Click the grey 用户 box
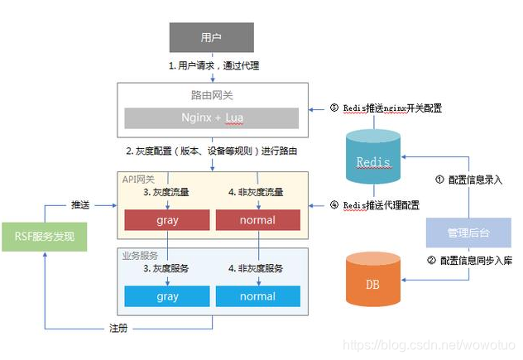(x=212, y=37)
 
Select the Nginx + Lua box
(x=212, y=118)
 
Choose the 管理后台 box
(x=468, y=233)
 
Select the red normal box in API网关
(x=257, y=220)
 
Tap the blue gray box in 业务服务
(x=166, y=295)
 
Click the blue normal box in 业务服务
(x=257, y=295)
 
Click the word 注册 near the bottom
(x=118, y=329)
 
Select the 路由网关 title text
(x=212, y=94)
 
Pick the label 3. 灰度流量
(x=166, y=192)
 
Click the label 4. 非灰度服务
(x=257, y=267)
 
